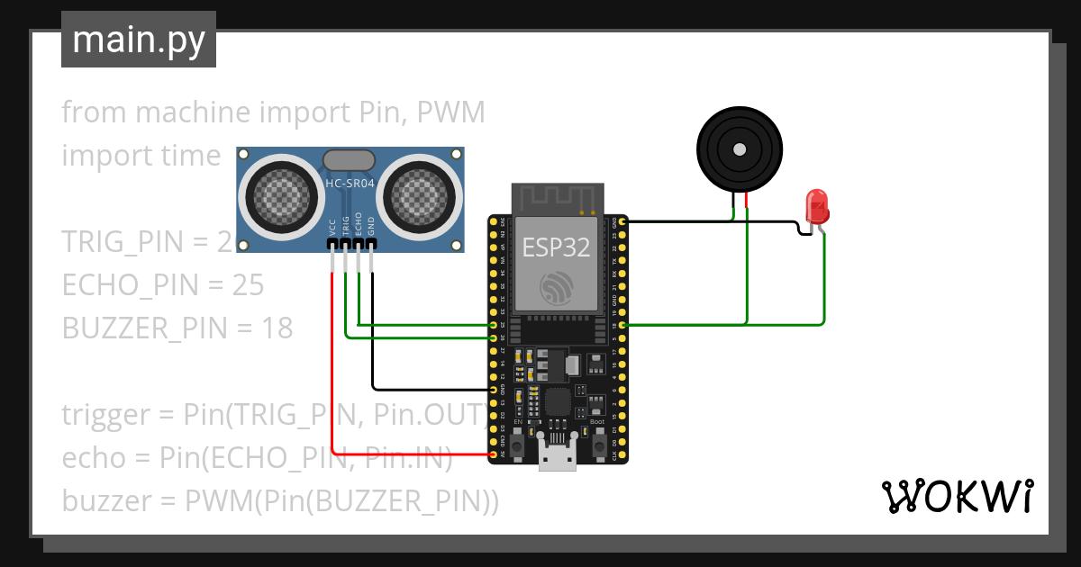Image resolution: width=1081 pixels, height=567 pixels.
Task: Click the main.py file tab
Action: pyautogui.click(x=138, y=40)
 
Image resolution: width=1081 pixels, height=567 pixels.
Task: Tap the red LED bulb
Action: pyautogui.click(x=817, y=206)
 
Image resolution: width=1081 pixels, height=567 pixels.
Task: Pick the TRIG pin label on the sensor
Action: pyautogui.click(x=346, y=225)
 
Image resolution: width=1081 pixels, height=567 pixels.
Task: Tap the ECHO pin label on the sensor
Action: pyautogui.click(x=359, y=224)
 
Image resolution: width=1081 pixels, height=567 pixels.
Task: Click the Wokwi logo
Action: pyautogui.click(x=957, y=496)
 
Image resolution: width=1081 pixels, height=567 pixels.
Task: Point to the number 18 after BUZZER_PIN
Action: pyautogui.click(x=277, y=328)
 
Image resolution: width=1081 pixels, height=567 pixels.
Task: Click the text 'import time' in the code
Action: pyautogui.click(x=141, y=156)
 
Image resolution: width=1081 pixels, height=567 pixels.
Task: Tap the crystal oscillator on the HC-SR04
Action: pyautogui.click(x=348, y=160)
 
